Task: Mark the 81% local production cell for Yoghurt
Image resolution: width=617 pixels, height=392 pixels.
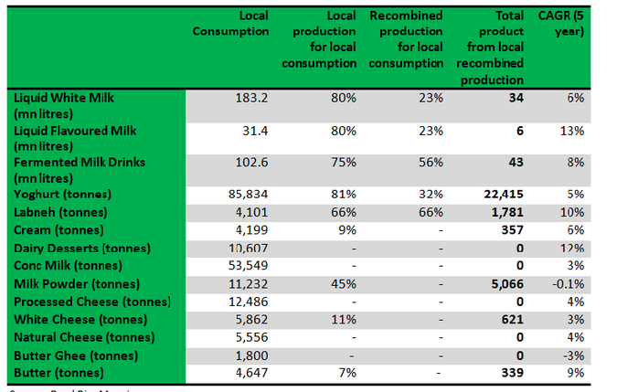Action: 345,195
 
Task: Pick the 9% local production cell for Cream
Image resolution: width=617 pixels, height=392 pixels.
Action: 348,229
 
